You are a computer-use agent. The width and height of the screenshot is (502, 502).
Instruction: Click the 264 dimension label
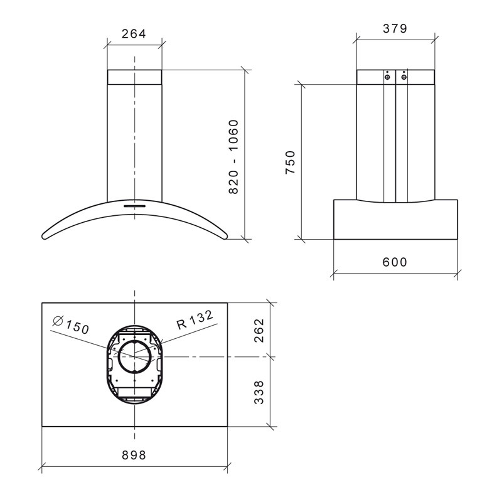click(x=134, y=34)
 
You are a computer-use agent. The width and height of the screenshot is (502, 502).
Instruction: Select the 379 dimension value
click(x=395, y=28)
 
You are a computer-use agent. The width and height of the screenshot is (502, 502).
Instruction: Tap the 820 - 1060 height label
click(x=234, y=157)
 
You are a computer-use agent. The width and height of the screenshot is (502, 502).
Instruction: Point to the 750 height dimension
click(x=290, y=163)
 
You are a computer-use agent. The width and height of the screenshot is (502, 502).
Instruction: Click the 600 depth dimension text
click(x=395, y=262)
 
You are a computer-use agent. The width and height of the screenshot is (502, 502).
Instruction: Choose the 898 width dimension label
click(x=134, y=455)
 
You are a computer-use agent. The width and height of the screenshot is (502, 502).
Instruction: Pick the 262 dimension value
click(x=259, y=331)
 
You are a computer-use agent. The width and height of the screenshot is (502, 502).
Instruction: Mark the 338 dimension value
click(x=259, y=393)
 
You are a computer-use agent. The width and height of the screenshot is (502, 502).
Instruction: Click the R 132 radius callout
click(x=195, y=320)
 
